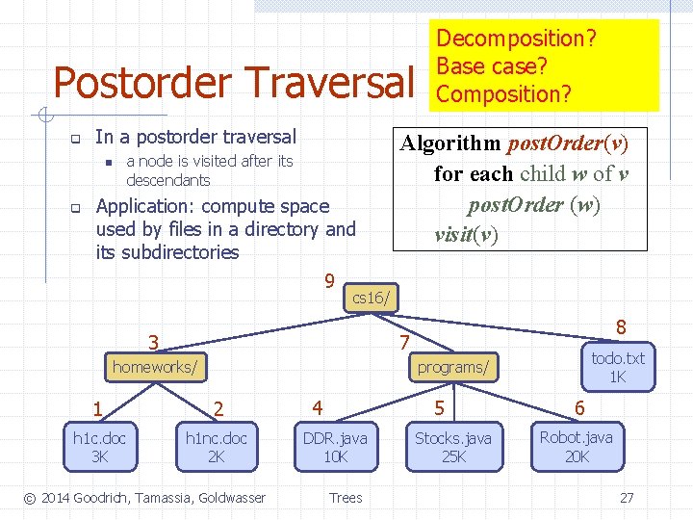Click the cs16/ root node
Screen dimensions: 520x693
point(371,298)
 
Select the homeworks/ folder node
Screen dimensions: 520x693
point(156,367)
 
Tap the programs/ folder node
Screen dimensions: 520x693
point(452,367)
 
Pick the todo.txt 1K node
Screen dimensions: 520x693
point(617,367)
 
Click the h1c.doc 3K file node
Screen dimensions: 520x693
point(99,447)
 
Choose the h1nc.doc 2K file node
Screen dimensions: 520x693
point(217,447)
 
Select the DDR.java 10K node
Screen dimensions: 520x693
point(335,447)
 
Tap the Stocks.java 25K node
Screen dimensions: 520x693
point(452,447)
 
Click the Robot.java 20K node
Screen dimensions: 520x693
point(576,447)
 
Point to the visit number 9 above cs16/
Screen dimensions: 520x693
point(329,281)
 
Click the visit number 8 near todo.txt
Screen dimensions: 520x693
point(622,327)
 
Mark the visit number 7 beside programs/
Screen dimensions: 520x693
point(405,344)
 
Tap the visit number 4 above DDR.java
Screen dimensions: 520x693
point(317,406)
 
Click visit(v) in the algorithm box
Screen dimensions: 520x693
point(466,234)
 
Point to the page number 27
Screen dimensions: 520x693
point(627,498)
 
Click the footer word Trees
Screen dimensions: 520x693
point(346,498)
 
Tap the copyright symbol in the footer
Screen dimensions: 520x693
point(30,498)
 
